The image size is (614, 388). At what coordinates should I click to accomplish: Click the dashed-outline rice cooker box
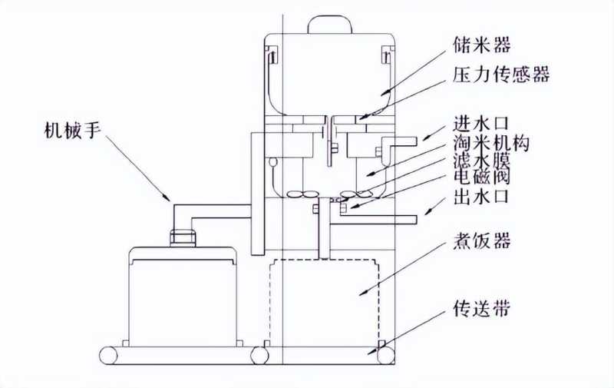click(x=325, y=300)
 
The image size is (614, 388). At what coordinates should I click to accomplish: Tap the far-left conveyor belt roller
click(x=108, y=355)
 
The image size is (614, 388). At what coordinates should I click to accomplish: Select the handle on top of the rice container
click(x=329, y=24)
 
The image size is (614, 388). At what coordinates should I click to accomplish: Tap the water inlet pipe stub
click(x=407, y=140)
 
